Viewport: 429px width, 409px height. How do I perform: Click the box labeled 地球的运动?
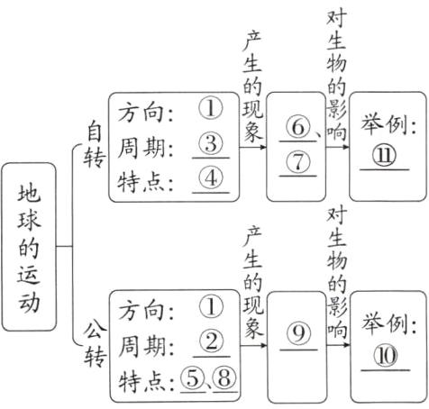(30, 245)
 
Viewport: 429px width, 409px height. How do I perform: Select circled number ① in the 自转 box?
(210, 109)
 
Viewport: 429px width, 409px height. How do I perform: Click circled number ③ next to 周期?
(210, 143)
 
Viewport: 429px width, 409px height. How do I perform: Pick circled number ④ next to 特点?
(210, 177)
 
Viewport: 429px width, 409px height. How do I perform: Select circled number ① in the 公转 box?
(210, 308)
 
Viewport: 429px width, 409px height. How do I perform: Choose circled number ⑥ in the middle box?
(295, 129)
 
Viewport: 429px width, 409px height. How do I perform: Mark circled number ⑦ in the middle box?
(297, 162)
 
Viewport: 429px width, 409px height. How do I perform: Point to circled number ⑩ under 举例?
(386, 354)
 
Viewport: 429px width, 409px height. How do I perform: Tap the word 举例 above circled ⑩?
(386, 320)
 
